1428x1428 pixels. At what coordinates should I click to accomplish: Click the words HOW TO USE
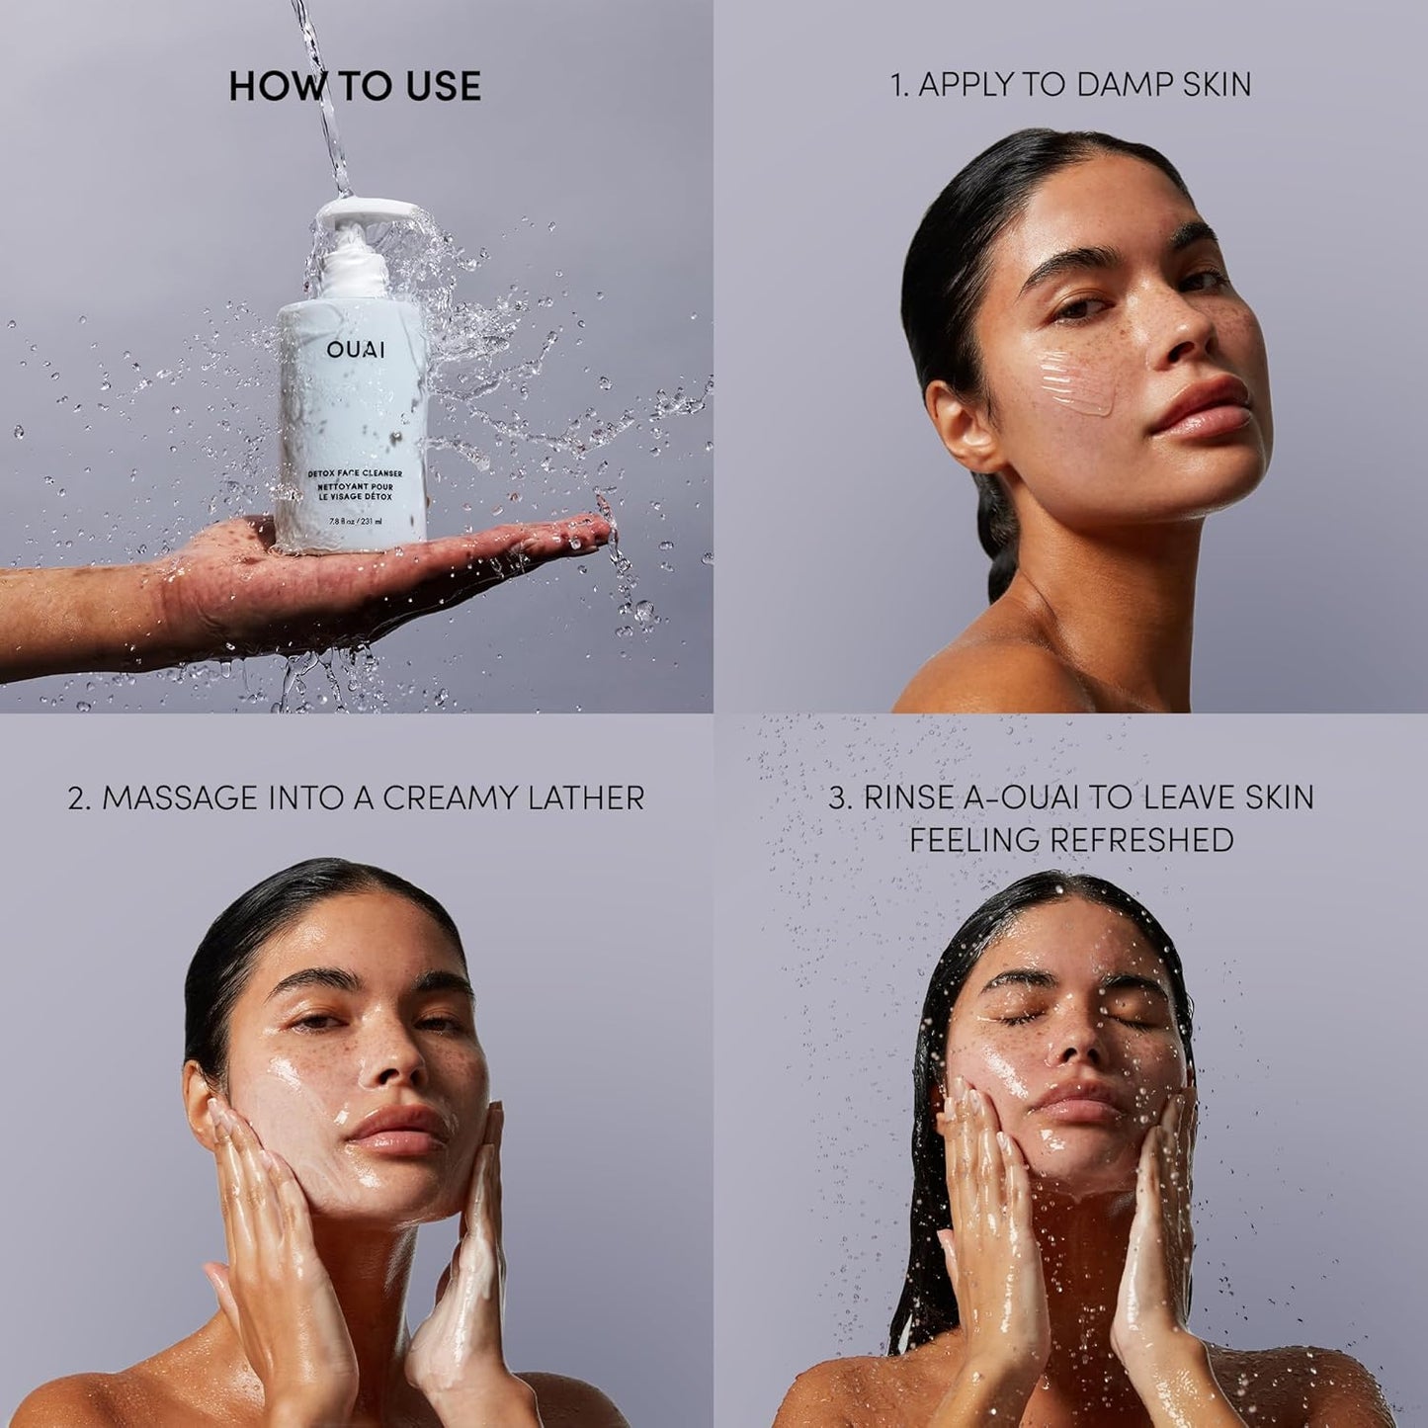click(355, 86)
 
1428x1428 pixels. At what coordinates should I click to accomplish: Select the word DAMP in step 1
click(1110, 85)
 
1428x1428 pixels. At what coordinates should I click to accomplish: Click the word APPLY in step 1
click(967, 85)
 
